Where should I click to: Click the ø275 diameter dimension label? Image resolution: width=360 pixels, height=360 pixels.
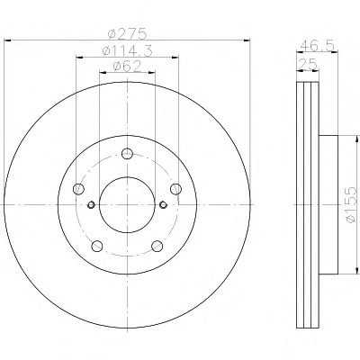click(127, 33)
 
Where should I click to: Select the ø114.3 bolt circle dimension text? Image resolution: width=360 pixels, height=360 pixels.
click(127, 50)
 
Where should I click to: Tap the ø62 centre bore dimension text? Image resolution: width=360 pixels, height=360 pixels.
click(127, 67)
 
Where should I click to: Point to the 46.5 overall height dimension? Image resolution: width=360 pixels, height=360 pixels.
click(317, 46)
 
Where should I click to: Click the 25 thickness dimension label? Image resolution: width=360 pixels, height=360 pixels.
click(307, 64)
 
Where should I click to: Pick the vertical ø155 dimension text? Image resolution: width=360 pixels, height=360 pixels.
click(351, 204)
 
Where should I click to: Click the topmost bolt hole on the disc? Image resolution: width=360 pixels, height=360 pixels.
click(127, 154)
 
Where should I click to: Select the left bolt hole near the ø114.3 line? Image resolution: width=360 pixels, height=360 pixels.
click(78, 189)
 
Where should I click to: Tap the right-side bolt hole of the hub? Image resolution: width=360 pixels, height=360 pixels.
click(175, 189)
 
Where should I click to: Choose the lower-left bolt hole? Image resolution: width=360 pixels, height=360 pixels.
click(97, 246)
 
